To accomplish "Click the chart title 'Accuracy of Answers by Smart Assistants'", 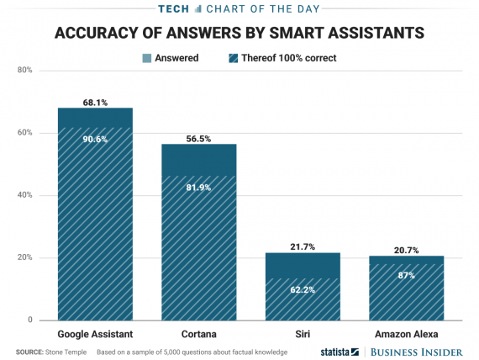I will pyautogui.click(x=239, y=34).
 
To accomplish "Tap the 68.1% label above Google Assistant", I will pyautogui.click(x=95, y=102).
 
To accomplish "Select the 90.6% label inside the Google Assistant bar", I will pyautogui.click(x=95, y=140).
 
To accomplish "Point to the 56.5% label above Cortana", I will pyautogui.click(x=199, y=137).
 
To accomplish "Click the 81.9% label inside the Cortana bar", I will pyautogui.click(x=199, y=187).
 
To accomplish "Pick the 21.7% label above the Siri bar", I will pyautogui.click(x=303, y=246).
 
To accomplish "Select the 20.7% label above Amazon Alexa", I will pyautogui.click(x=406, y=250).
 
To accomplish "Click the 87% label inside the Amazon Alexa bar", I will pyautogui.click(x=406, y=276).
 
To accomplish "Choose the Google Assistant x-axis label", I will pyautogui.click(x=95, y=334).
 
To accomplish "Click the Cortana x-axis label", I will pyautogui.click(x=199, y=334).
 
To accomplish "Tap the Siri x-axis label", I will pyautogui.click(x=303, y=334).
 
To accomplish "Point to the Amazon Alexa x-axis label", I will pyautogui.click(x=406, y=334).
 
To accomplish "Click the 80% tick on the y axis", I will pyautogui.click(x=24, y=71).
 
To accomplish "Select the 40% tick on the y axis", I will pyautogui.click(x=24, y=195).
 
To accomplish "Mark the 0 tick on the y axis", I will pyautogui.click(x=29, y=320).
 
